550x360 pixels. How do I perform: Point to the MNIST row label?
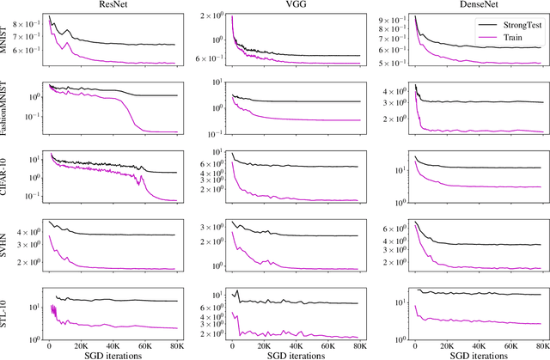(5, 41)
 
